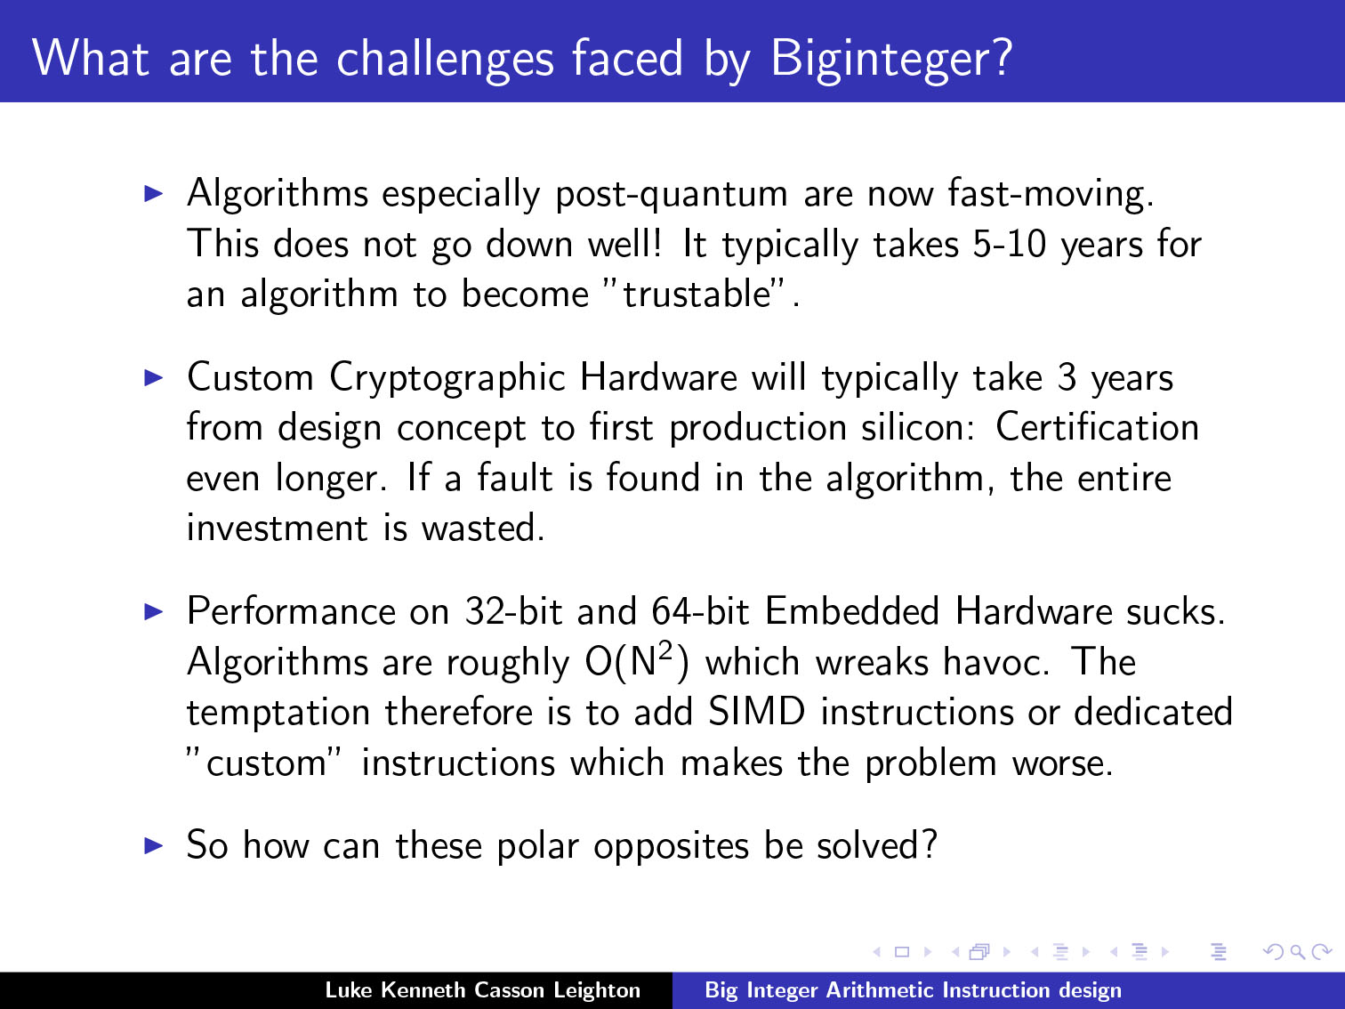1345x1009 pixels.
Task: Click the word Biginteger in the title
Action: [891, 60]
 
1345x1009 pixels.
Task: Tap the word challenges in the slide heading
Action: [446, 60]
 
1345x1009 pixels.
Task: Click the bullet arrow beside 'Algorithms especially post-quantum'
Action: [153, 194]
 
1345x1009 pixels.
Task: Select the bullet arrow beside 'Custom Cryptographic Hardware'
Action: [153, 377]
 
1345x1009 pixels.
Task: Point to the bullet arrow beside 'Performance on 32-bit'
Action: [153, 611]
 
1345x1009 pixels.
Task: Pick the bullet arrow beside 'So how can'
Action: [153, 846]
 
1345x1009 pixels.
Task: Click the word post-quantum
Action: [671, 195]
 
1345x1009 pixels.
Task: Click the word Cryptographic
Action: [447, 378]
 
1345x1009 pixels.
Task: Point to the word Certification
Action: [1097, 427]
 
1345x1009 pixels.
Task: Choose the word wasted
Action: [482, 529]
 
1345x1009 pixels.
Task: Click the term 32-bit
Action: [513, 611]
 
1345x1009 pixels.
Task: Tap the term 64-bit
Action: [700, 611]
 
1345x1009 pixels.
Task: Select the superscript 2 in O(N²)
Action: [666, 650]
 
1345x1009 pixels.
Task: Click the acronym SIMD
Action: [756, 712]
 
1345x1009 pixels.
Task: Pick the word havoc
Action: [995, 662]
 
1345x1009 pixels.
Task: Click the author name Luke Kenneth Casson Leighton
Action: [482, 990]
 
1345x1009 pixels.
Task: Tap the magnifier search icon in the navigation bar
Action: [1297, 952]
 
